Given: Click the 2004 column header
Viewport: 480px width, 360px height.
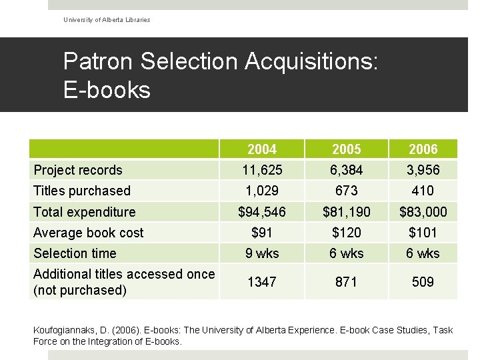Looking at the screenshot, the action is coord(262,149).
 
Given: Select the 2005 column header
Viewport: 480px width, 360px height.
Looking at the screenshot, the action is coord(347,149).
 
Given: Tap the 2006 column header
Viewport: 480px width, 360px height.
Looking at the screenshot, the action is coord(423,149).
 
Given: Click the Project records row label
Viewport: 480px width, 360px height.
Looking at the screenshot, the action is coord(78,170).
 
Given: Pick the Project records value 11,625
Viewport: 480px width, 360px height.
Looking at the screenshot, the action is coord(262,170).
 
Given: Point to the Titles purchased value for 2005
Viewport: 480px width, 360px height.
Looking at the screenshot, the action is coord(346,191).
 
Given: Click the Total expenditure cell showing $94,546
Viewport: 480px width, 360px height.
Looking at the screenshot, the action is coord(262,212).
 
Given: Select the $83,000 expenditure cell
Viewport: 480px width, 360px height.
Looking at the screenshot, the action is coord(423,212).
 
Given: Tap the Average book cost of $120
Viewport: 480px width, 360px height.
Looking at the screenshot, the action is coord(347,233).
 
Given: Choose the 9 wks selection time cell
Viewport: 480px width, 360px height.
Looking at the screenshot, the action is coord(262,253).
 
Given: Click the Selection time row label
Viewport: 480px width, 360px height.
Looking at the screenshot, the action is coord(75,253).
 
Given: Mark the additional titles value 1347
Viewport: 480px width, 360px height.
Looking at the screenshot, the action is coord(262,282).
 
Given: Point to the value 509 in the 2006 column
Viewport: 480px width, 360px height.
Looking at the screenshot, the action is coord(423,282).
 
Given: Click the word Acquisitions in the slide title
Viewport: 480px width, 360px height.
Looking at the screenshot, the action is coord(311,61).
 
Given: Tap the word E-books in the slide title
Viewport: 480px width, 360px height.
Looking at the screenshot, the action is coord(107,90).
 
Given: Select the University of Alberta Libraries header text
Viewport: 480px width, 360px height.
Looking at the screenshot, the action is coord(107,20).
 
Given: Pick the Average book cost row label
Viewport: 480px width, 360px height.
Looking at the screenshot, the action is coord(88,233).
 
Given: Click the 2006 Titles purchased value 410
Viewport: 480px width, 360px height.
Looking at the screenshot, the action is coord(423,191).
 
